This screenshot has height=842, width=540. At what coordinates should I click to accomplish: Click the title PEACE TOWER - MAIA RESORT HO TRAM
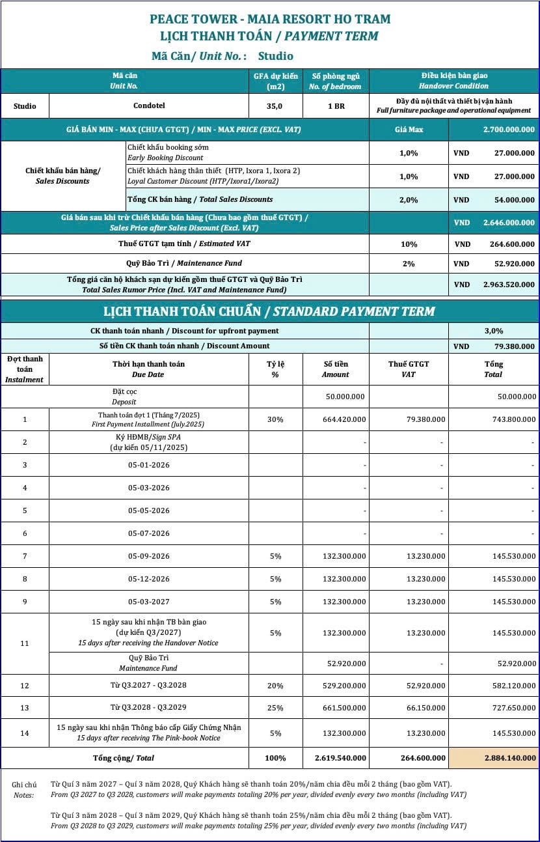(270, 19)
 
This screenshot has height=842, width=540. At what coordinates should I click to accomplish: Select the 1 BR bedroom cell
(336, 106)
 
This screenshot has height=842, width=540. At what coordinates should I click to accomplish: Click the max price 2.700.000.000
(509, 130)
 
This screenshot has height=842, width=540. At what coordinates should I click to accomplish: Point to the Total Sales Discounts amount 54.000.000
(511, 200)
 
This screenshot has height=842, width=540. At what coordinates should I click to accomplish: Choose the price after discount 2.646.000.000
(509, 222)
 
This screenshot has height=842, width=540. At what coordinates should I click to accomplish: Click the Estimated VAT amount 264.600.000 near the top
(512, 244)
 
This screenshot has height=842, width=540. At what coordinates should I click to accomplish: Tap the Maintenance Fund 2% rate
(409, 264)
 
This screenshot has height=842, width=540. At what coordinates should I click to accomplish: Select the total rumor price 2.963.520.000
(509, 285)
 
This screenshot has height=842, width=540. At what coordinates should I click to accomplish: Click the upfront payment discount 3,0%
(493, 331)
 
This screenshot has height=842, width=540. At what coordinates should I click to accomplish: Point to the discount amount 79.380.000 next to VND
(511, 346)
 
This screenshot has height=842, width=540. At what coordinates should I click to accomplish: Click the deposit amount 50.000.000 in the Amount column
(345, 397)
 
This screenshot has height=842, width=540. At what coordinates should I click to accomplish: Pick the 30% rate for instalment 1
(275, 419)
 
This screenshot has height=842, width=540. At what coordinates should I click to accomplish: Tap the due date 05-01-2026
(148, 465)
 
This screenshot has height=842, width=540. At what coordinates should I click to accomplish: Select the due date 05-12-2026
(148, 579)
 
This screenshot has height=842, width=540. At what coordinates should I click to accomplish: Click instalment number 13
(25, 707)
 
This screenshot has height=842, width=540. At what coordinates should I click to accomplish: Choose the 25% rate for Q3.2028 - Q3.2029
(275, 707)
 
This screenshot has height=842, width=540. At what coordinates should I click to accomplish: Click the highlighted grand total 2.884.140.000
(510, 758)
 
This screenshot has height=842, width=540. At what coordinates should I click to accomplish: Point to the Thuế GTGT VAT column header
(409, 369)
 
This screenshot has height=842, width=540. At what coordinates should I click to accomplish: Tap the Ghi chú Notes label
(24, 789)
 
